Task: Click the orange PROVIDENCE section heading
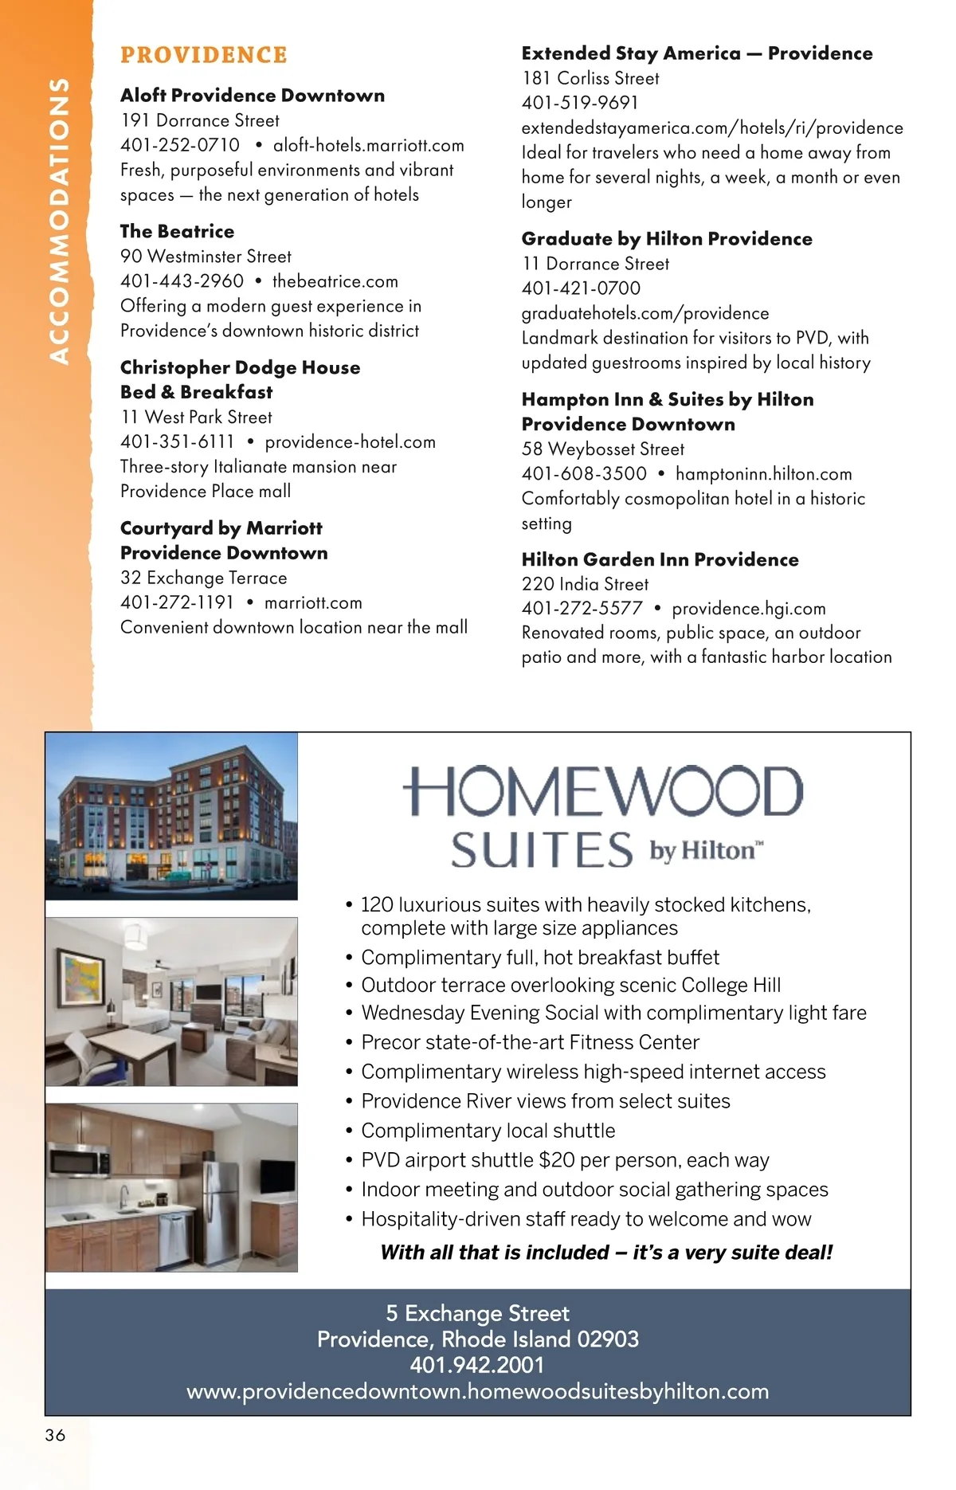pyautogui.click(x=203, y=55)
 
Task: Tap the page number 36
pyautogui.click(x=55, y=1435)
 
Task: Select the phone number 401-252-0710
pyautogui.click(x=180, y=145)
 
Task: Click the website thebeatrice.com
pyautogui.click(x=335, y=281)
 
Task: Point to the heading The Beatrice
pyautogui.click(x=177, y=231)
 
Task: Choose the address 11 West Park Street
pyautogui.click(x=197, y=417)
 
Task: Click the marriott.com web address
pyautogui.click(x=313, y=602)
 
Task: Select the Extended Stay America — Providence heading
pyautogui.click(x=697, y=53)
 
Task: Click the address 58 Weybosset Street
pyautogui.click(x=603, y=449)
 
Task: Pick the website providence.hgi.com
pyautogui.click(x=749, y=609)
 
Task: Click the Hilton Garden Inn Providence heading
pyautogui.click(x=660, y=559)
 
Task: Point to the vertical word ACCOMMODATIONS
pyautogui.click(x=59, y=221)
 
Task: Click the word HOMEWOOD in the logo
pyautogui.click(x=603, y=792)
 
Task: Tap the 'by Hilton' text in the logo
pyautogui.click(x=706, y=851)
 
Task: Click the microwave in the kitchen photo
pyautogui.click(x=79, y=1160)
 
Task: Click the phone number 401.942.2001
pyautogui.click(x=477, y=1365)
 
